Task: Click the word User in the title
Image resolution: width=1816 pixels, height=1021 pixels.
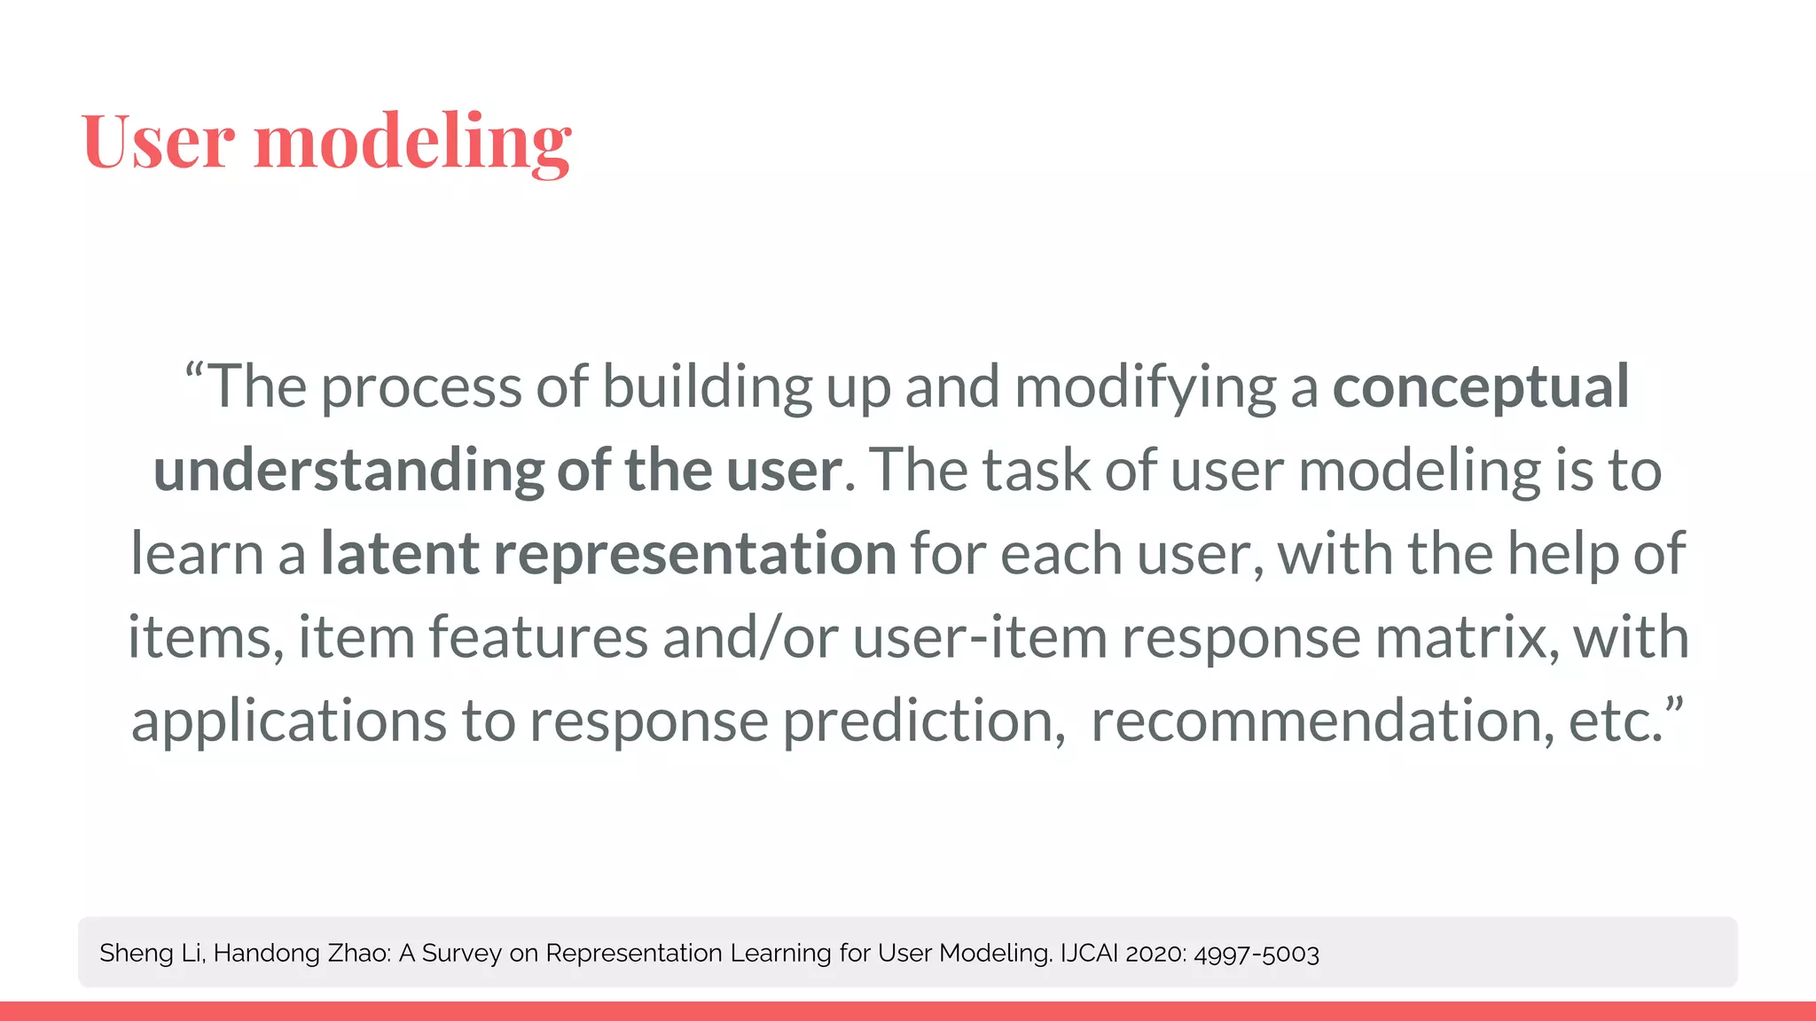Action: click(x=159, y=142)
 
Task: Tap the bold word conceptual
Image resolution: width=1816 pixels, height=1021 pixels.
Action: click(x=1480, y=387)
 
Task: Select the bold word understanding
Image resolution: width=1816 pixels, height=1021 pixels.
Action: click(x=348, y=470)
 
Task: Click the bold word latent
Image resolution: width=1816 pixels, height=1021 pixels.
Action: click(x=400, y=553)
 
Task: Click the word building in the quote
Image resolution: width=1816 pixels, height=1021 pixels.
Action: click(x=707, y=387)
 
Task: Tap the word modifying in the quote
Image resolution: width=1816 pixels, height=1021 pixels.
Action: click(x=1145, y=387)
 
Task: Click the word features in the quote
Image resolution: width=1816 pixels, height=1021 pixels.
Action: click(x=538, y=637)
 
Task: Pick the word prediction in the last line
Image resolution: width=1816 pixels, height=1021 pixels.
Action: click(x=923, y=721)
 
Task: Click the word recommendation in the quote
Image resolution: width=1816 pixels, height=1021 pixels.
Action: click(x=1321, y=721)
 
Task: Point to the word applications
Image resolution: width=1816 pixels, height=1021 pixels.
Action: click(x=289, y=721)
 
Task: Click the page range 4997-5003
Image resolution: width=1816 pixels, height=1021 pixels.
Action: click(x=1256, y=954)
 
